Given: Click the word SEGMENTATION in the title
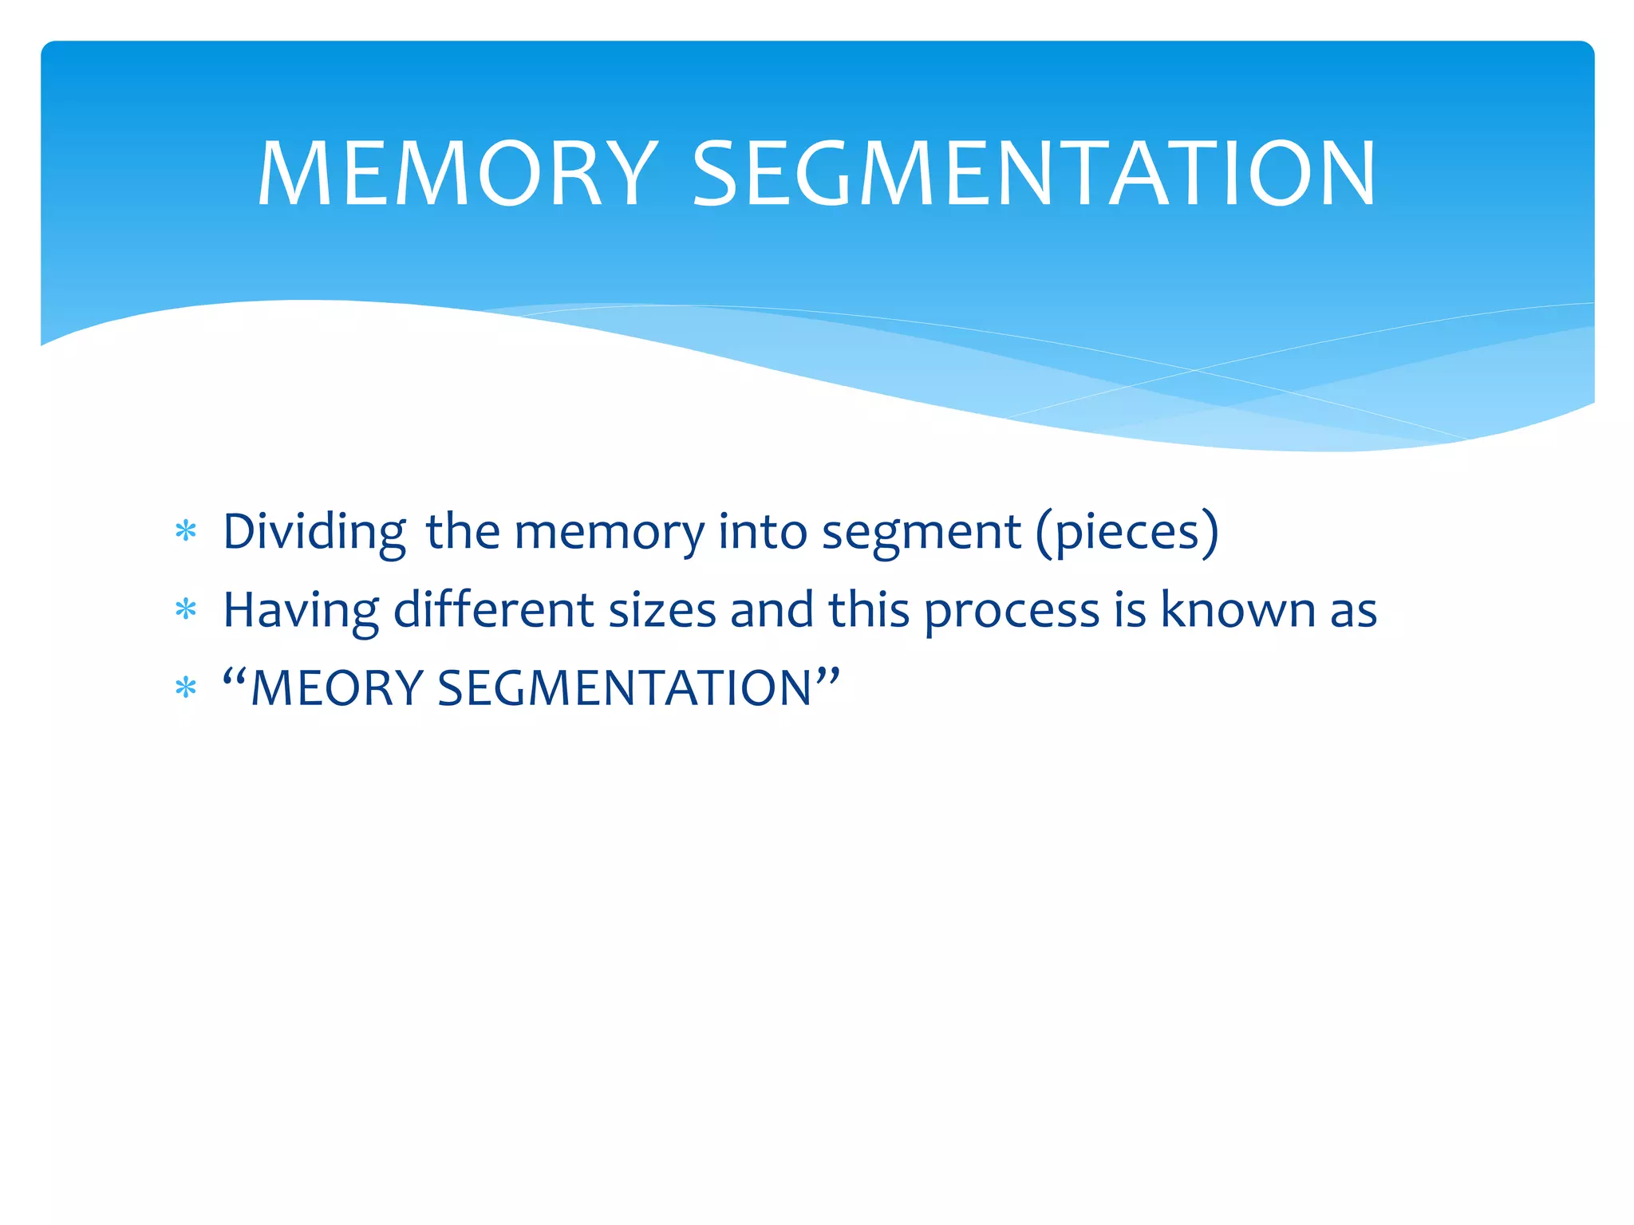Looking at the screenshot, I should pos(1033,174).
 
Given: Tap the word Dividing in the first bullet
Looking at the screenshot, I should pos(314,532).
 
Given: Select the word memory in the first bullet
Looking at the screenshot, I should pos(610,532).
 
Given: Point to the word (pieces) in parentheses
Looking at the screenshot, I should pos(1127,532).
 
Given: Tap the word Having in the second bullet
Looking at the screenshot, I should pos(301,611).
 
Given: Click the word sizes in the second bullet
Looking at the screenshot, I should pos(662,611).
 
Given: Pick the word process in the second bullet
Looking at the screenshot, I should pos(1012,611).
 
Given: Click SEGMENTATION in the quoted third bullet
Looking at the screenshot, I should pos(625,688).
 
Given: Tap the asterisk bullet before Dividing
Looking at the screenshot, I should pos(186,531).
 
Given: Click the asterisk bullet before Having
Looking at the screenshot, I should pos(186,610).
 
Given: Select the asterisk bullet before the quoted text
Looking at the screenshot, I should pos(186,687).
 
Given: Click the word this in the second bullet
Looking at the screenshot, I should pos(868,611).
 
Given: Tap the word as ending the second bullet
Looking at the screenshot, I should pos(1353,611).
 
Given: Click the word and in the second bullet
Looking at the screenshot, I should pos(772,611).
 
